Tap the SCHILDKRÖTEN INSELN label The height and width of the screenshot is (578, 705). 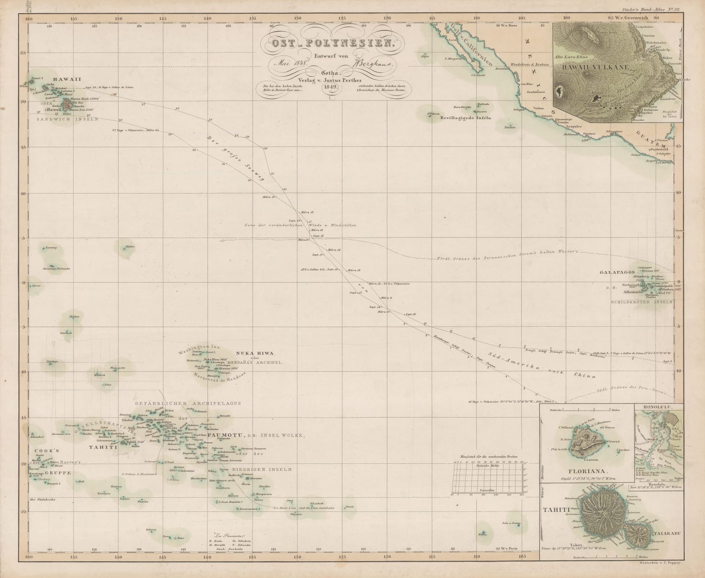[642, 302]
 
